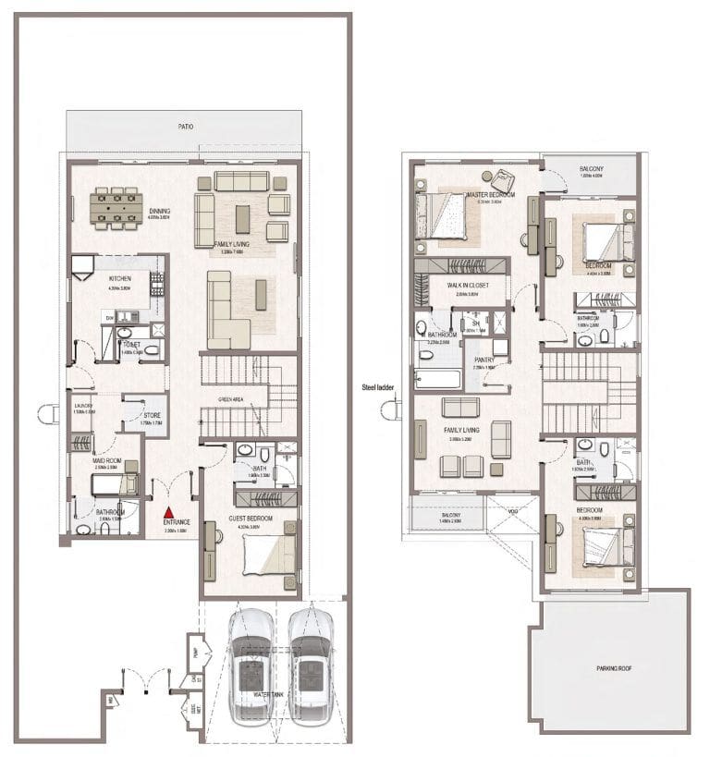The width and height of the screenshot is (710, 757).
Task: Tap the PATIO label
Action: (186, 127)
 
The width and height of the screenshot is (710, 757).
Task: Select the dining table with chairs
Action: (117, 210)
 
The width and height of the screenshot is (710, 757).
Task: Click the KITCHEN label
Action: (120, 278)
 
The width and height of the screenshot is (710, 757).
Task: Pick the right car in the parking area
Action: (310, 665)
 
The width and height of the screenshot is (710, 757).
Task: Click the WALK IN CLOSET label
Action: (468, 286)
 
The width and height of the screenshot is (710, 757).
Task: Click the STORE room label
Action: (152, 415)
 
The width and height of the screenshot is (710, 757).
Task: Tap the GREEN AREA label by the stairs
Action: (231, 400)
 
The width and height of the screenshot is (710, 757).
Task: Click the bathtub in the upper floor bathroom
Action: (435, 377)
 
